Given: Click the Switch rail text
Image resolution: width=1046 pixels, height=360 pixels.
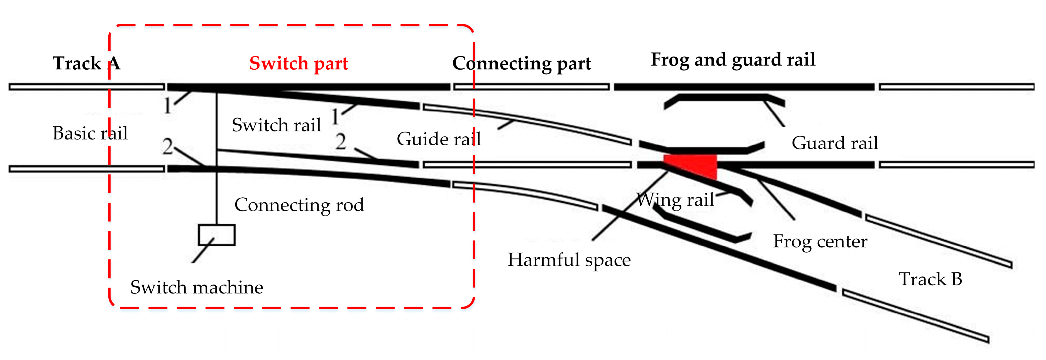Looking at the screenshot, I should pos(276,125).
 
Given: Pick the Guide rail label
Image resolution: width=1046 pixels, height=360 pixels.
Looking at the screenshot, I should pos(439,139).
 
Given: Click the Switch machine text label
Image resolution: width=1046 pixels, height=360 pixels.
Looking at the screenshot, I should pos(197,287).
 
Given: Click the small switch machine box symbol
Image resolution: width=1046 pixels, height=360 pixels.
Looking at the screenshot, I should pos(216,235).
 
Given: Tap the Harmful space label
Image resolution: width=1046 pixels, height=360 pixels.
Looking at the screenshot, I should pos(569,260).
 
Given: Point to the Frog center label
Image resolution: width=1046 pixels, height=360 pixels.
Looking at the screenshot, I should pos(820,241).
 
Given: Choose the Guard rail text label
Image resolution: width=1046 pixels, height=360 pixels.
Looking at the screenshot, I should pos(835,143).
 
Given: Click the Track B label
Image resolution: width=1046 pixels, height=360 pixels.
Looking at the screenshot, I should pos(930,279).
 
